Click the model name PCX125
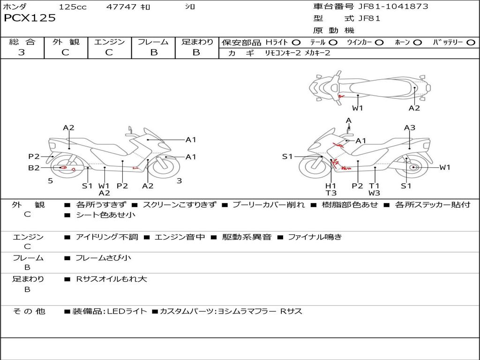(x=30, y=18)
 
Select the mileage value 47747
(x=121, y=7)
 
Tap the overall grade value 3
(x=22, y=52)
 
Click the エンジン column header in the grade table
(x=109, y=42)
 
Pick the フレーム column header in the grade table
(x=153, y=42)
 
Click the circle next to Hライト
(x=296, y=42)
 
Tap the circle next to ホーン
(x=418, y=42)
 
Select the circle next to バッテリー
(x=471, y=42)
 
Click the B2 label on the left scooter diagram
(x=34, y=167)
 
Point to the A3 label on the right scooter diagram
(x=410, y=127)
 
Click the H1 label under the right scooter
(x=331, y=186)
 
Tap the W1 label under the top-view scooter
(x=358, y=108)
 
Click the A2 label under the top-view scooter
(x=414, y=108)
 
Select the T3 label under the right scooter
(x=331, y=193)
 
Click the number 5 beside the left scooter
(x=50, y=180)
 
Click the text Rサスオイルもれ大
(x=112, y=279)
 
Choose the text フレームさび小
(x=103, y=258)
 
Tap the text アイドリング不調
(x=107, y=237)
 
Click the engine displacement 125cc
(x=73, y=7)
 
